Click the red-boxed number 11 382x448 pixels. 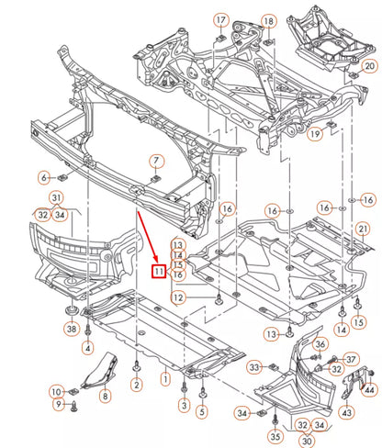(x=159, y=270)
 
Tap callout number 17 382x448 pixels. (x=221, y=20)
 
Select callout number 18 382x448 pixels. (x=267, y=20)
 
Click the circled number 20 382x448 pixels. (x=369, y=66)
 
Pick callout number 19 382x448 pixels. (x=315, y=134)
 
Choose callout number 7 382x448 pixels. (x=157, y=161)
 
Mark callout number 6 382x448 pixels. (x=44, y=176)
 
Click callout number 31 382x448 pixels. (x=57, y=198)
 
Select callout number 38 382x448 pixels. (x=71, y=329)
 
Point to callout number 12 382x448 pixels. (x=177, y=297)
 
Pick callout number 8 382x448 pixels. (x=105, y=396)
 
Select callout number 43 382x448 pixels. (x=346, y=414)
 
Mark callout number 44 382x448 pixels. (x=368, y=390)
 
